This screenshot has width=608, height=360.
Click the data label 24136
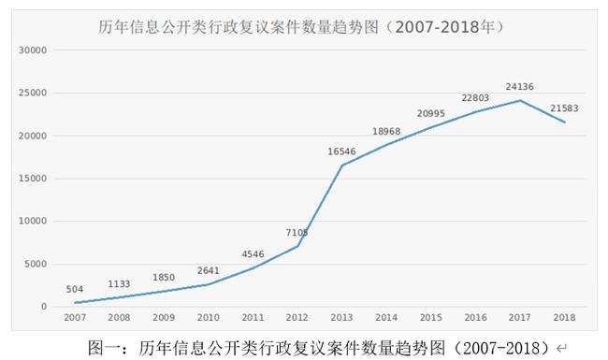(520, 87)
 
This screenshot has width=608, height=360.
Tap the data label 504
(74, 290)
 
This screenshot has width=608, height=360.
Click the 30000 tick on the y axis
(34, 50)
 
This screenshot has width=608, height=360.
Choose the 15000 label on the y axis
(34, 179)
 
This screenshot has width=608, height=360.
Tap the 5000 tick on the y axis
(36, 264)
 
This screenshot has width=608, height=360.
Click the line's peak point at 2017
(520, 100)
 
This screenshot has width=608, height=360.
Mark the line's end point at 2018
(565, 122)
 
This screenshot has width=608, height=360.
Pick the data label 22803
(476, 98)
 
